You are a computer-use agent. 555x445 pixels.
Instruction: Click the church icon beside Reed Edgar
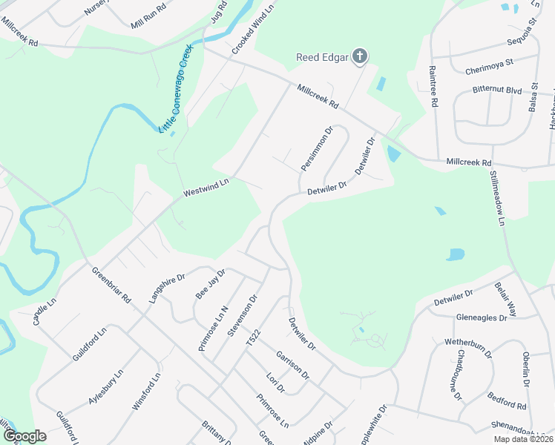coord(359,56)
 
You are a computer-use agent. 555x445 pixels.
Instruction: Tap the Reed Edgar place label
coord(322,57)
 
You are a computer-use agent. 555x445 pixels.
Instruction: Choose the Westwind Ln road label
coord(207,188)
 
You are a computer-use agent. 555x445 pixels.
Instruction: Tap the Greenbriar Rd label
coord(111,286)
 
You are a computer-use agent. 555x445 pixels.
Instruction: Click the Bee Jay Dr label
coord(209,283)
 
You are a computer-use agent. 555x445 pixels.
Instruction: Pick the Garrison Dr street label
coord(291,363)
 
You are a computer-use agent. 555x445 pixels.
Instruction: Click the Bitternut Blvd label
coord(497,89)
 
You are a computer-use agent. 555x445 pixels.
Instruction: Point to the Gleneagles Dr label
coord(482,317)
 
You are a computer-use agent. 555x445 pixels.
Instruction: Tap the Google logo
coord(24,436)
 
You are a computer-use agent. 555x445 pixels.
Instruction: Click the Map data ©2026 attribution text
coord(522,439)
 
